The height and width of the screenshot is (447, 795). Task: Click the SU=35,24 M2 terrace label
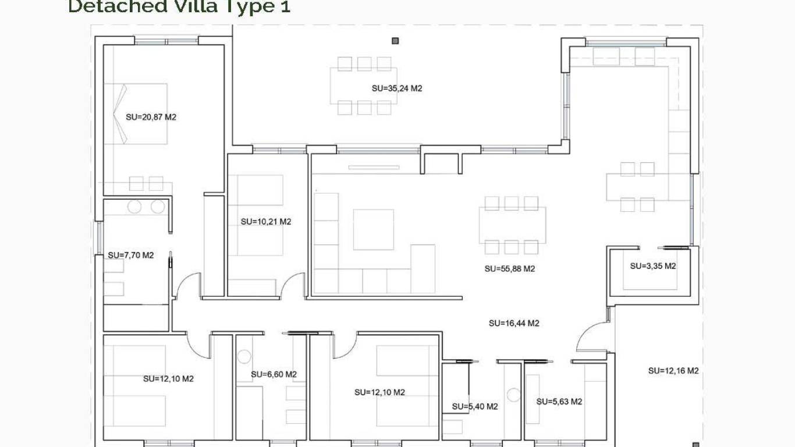pyautogui.click(x=396, y=88)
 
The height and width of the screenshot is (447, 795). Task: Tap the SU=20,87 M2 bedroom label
pyautogui.click(x=151, y=116)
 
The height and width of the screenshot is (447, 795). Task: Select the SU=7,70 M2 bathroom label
pyautogui.click(x=130, y=255)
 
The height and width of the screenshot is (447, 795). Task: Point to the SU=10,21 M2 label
pyautogui.click(x=265, y=221)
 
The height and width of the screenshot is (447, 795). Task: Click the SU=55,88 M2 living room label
pyautogui.click(x=509, y=269)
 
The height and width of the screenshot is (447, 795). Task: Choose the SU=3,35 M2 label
pyautogui.click(x=652, y=266)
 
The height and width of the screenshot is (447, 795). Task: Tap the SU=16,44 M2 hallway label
pyautogui.click(x=513, y=323)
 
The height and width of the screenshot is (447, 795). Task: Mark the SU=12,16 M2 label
pyautogui.click(x=673, y=371)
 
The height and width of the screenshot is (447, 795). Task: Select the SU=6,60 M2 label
pyautogui.click(x=274, y=374)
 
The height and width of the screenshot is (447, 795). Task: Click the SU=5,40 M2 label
pyautogui.click(x=474, y=406)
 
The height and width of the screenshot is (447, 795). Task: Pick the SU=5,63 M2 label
pyautogui.click(x=559, y=402)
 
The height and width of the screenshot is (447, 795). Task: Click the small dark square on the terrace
pyautogui.click(x=395, y=41)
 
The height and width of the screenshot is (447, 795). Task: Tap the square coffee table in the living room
pyautogui.click(x=373, y=229)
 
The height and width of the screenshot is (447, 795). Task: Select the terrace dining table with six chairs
pyautogui.click(x=364, y=86)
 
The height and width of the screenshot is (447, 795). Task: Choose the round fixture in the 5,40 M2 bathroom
pyautogui.click(x=513, y=395)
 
